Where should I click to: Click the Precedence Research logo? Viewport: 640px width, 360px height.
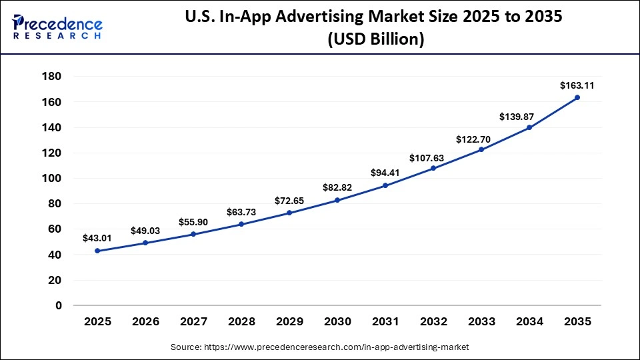tap(57, 26)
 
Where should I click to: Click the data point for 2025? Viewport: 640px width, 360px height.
tap(97, 251)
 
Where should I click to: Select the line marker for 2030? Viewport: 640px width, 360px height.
tap(337, 200)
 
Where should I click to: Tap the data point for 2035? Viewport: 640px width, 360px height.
tap(577, 97)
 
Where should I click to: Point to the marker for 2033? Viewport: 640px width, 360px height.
tap(481, 149)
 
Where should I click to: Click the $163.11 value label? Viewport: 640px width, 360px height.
tap(577, 85)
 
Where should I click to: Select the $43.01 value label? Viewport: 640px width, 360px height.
tap(97, 238)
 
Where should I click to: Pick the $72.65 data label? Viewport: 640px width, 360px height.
tap(289, 201)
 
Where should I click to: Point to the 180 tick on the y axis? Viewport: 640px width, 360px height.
tap(52, 77)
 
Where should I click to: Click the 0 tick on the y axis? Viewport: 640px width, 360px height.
tap(59, 305)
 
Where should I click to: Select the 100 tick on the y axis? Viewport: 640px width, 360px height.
tap(52, 178)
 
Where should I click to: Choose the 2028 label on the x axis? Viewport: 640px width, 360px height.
tap(241, 321)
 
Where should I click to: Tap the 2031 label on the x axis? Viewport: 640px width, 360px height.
tap(385, 321)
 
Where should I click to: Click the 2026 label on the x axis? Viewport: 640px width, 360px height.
tap(145, 321)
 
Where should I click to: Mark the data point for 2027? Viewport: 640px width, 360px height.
tap(193, 234)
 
